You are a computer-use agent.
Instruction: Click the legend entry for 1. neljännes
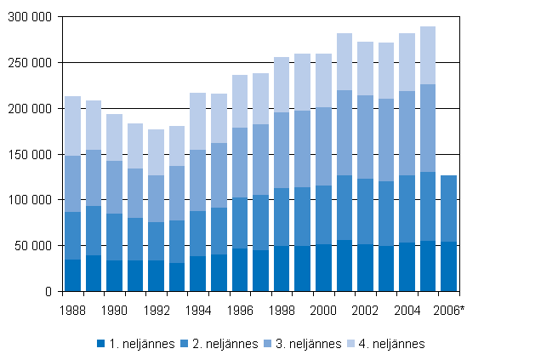[x=136, y=344]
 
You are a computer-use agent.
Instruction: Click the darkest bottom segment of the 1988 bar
[x=72, y=275]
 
